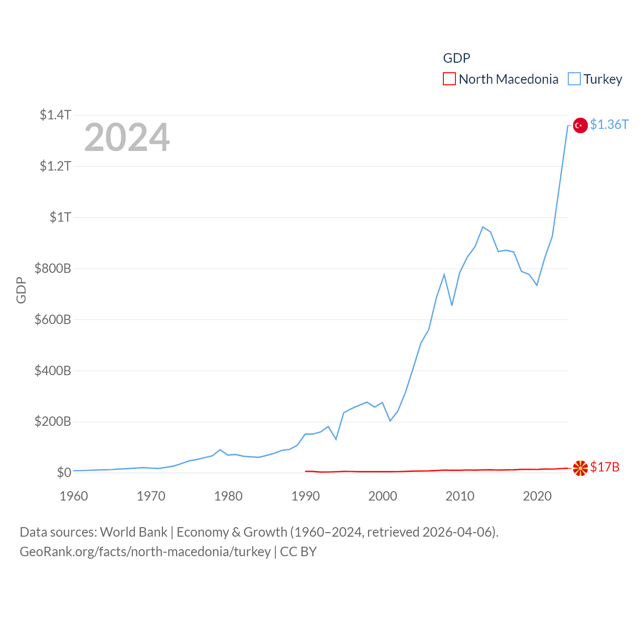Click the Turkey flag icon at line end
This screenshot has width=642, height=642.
point(580,125)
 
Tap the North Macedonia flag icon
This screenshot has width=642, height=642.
point(580,468)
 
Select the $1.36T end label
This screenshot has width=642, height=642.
point(609,124)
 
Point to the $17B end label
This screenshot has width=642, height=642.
point(605,467)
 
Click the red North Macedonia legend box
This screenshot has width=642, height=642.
point(449,79)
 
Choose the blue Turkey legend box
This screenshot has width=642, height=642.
point(574,79)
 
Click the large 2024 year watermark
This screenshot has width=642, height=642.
point(127,137)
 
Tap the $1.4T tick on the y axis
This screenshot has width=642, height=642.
point(55,115)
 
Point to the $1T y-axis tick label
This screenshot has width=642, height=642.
point(60,217)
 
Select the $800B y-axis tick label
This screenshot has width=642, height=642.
point(53,268)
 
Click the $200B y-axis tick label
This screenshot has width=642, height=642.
point(53,421)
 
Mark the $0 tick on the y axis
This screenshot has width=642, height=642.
point(64,472)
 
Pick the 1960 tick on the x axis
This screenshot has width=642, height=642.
point(74,496)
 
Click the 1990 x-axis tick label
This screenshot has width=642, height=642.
point(305,496)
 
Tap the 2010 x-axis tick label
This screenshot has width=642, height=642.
point(460,496)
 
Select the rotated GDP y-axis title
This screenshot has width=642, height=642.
point(21,290)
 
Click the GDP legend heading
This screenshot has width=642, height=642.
point(456,58)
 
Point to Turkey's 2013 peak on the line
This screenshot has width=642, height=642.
point(483,227)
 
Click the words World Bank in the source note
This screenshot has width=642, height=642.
point(134,532)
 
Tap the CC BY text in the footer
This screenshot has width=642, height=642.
point(298,552)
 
